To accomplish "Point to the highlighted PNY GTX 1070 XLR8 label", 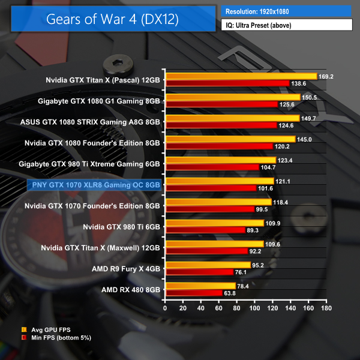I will (x=94, y=185).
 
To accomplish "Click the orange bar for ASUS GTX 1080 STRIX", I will (x=232, y=118).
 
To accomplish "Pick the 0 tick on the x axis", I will (x=165, y=308).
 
